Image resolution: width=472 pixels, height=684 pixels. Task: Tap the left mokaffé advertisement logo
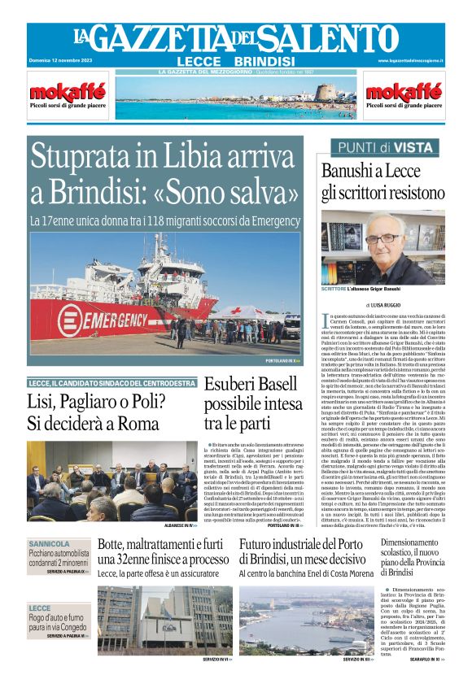[x=56, y=90]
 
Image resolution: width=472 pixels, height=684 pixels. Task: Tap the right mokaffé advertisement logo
[x=404, y=90]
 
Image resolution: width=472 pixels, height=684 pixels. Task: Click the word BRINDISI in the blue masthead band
[x=264, y=62]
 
